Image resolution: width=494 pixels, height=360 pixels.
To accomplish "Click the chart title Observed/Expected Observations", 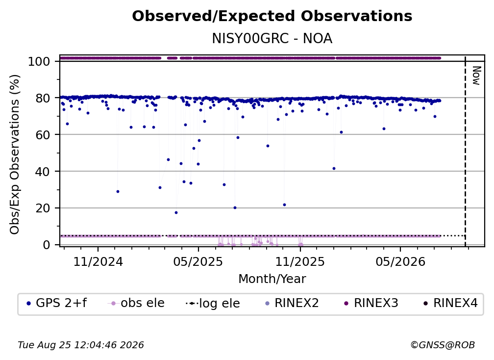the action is click(x=272, y=16).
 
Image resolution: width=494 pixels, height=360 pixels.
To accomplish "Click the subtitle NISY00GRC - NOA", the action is click(x=272, y=39).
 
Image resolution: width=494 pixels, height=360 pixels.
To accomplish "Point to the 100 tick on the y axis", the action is click(x=39, y=61).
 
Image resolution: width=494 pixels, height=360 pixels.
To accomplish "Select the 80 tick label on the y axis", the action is click(x=43, y=99).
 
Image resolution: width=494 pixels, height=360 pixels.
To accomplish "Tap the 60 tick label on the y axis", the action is click(x=43, y=135).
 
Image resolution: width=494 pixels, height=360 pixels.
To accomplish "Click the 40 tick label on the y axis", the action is click(x=43, y=172).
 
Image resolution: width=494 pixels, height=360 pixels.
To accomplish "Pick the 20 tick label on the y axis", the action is click(x=43, y=208).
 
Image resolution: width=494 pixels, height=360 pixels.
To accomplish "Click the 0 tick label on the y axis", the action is click(x=46, y=245).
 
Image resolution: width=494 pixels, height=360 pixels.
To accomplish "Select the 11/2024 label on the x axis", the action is click(x=98, y=262).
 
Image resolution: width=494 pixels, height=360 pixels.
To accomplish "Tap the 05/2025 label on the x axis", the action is click(x=198, y=262).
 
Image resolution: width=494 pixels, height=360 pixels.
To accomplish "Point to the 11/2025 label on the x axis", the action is click(x=300, y=262).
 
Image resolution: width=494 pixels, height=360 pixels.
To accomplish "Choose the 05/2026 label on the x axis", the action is click(x=400, y=262).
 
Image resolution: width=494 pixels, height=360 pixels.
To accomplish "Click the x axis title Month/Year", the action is click(x=272, y=279).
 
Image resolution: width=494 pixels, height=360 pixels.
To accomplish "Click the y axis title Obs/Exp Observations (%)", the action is click(x=15, y=154).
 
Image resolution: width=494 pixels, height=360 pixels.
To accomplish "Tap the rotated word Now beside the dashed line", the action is click(x=476, y=76).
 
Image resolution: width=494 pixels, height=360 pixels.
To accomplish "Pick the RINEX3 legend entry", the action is click(x=371, y=303).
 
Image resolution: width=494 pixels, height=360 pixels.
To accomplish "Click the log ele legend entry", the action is click(x=213, y=303).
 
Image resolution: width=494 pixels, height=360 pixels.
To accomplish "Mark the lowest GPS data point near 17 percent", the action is click(x=176, y=213).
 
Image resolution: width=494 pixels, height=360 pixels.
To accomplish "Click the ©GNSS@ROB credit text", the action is click(x=443, y=345).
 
